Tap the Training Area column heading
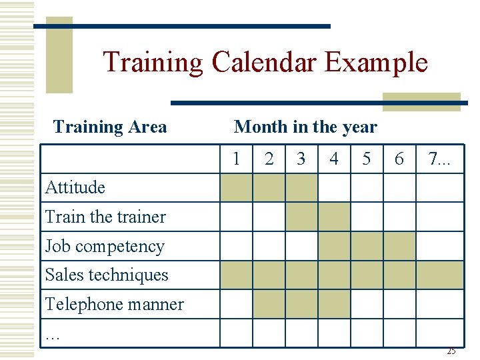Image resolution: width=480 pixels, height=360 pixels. pyautogui.click(x=109, y=127)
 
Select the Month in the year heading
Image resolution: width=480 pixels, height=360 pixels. pyautogui.click(x=305, y=127)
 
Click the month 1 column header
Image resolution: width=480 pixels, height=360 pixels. pyautogui.click(x=236, y=159)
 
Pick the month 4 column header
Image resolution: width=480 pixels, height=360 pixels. pyautogui.click(x=334, y=159)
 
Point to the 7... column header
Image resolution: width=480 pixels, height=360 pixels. pyautogui.click(x=440, y=159)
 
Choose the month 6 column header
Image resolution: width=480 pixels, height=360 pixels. pyautogui.click(x=399, y=159)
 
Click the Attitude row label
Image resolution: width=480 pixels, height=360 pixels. pyautogui.click(x=75, y=187)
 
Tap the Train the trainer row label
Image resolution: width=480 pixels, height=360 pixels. pyautogui.click(x=105, y=217)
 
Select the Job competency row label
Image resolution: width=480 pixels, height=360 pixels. pyautogui.click(x=105, y=246)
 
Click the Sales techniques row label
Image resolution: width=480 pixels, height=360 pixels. pyautogui.click(x=107, y=275)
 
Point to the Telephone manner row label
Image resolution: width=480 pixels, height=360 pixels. pyautogui.click(x=114, y=304)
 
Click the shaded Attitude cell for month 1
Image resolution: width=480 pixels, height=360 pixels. pyautogui.click(x=236, y=187)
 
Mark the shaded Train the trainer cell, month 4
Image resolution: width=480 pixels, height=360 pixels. pyautogui.click(x=334, y=217)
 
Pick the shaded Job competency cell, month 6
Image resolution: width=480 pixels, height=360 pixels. pyautogui.click(x=399, y=246)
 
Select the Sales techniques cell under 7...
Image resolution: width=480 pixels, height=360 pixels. pyautogui.click(x=440, y=275)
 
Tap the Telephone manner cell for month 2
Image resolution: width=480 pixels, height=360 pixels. pyautogui.click(x=269, y=304)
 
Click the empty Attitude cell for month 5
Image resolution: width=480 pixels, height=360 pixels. pyautogui.click(x=367, y=187)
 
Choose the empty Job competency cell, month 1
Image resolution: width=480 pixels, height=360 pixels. pyautogui.click(x=236, y=246)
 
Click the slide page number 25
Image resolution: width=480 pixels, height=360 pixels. pyautogui.click(x=451, y=351)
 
